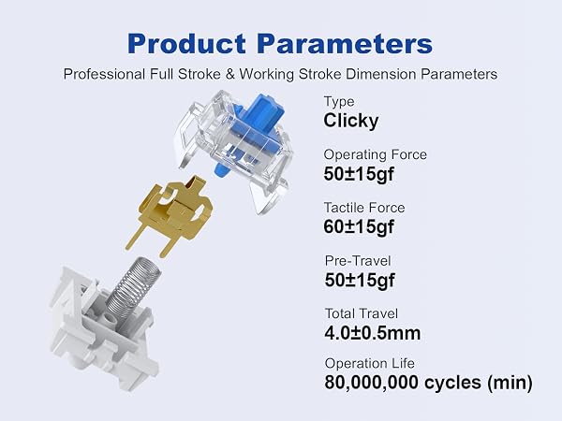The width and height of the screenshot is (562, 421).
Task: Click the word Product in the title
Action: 186,44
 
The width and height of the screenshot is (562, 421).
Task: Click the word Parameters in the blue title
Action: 345,44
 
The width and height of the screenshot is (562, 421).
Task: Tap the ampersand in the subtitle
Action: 229,74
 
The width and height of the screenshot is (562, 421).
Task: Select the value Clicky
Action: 351,121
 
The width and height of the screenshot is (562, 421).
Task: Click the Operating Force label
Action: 376,154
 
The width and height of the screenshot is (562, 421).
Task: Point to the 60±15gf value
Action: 359,227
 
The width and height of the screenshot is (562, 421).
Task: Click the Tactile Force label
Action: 364,208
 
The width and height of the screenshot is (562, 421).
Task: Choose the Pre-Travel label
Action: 358,261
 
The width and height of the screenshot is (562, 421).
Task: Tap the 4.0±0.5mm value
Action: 373,333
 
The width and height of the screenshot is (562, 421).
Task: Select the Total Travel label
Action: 362,313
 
